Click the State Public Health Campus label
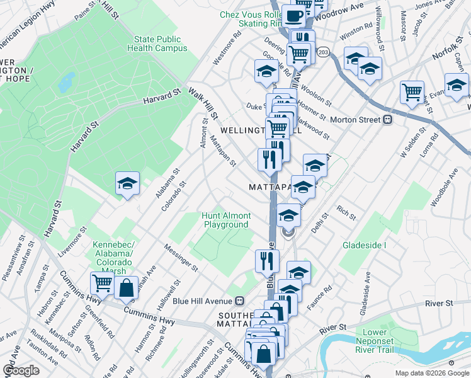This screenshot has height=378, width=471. tap(157, 43)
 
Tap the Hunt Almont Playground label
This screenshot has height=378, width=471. tap(227, 220)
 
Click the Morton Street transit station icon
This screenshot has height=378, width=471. tap(388, 119)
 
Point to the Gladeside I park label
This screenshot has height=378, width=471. tap(364, 244)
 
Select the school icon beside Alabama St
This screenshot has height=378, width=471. tap(127, 184)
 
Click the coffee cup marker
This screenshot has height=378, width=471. tap(293, 15)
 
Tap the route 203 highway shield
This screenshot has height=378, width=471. tap(324, 52)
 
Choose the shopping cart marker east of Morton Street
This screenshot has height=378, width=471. tap(412, 92)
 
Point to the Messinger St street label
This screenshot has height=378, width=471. tap(181, 258)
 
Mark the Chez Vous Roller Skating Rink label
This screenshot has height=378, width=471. tap(250, 19)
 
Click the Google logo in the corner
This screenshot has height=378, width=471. tap(21, 370)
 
